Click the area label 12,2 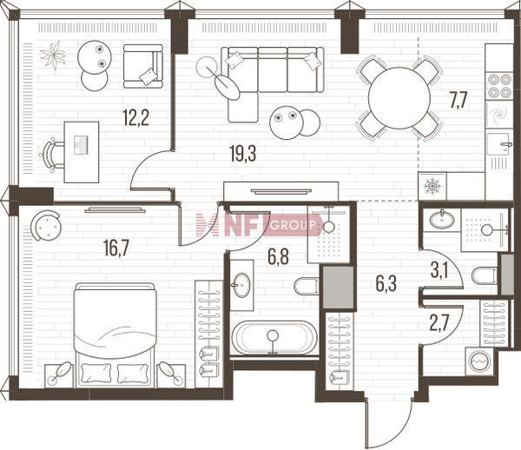click(x=135, y=117)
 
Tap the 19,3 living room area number click(x=243, y=154)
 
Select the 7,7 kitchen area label click(x=458, y=101)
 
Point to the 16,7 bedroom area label click(x=116, y=248)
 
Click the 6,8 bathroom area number click(x=279, y=257)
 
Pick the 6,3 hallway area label click(x=386, y=284)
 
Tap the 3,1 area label click(x=439, y=270)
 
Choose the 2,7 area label click(x=439, y=323)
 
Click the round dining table click(x=399, y=98)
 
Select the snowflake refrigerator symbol click(x=432, y=186)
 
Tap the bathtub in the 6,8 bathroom click(x=274, y=338)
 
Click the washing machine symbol click(x=479, y=361)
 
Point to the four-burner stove click(x=499, y=85)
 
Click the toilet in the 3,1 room click(x=485, y=275)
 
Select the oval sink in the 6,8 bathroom click(x=241, y=285)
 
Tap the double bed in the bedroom click(x=115, y=335)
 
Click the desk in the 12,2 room click(x=82, y=152)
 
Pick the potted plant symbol click(x=53, y=56)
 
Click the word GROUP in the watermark click(x=293, y=226)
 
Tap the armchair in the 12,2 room click(x=143, y=66)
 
